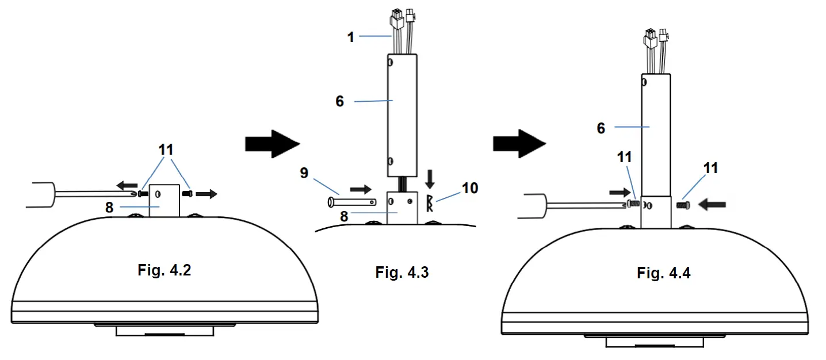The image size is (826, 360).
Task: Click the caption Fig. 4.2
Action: point(164,270)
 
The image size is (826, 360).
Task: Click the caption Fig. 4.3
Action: point(402,272)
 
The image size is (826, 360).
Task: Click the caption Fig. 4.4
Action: point(663,273)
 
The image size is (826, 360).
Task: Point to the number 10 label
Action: point(470,188)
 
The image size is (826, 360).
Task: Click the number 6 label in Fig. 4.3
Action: point(339,101)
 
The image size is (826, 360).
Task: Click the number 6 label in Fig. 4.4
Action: point(601,128)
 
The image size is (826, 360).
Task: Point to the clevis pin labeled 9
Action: point(351,202)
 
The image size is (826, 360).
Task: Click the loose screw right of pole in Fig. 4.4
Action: point(683,204)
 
